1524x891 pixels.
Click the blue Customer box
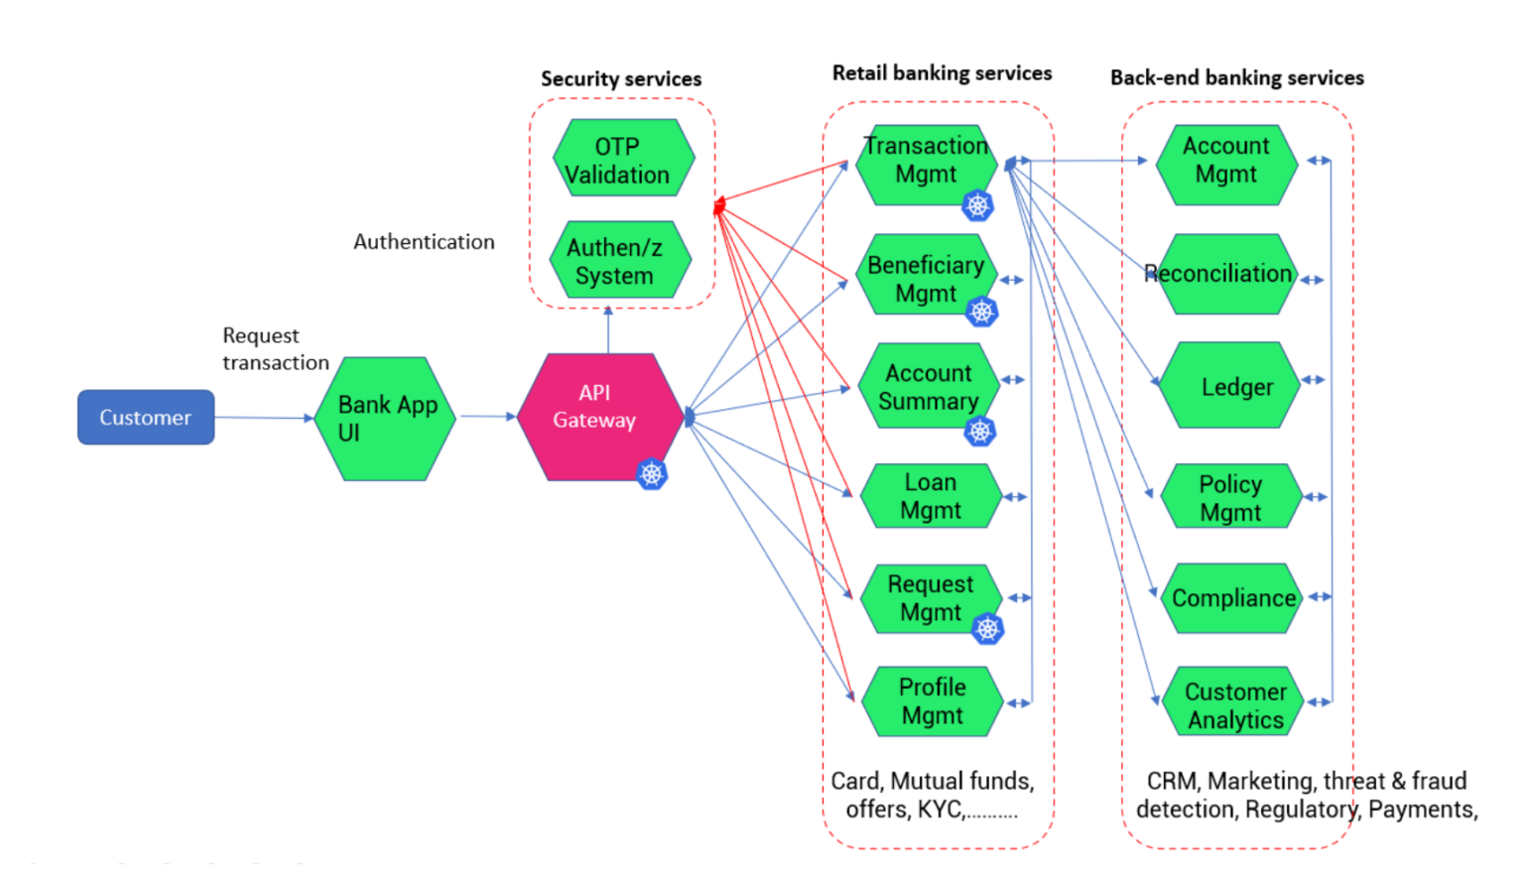pos(146,418)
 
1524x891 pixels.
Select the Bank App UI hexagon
pos(385,419)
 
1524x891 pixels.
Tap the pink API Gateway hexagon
pos(599,417)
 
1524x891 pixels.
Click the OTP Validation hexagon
pos(622,160)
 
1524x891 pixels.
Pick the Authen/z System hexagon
pos(619,261)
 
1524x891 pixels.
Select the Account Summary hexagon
pos(928,386)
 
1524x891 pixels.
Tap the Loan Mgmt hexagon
pos(931,496)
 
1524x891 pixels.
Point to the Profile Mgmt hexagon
pos(932,701)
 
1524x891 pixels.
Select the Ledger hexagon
pos(1230,386)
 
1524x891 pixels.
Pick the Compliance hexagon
pos(1231,598)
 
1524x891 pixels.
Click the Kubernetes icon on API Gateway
pos(652,474)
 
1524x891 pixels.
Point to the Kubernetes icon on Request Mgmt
pos(987,628)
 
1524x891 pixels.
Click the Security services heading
pos(621,79)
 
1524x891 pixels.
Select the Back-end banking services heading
pos(1236,77)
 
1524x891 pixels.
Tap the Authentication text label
pos(424,242)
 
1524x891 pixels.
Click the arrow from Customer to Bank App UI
pos(264,418)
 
